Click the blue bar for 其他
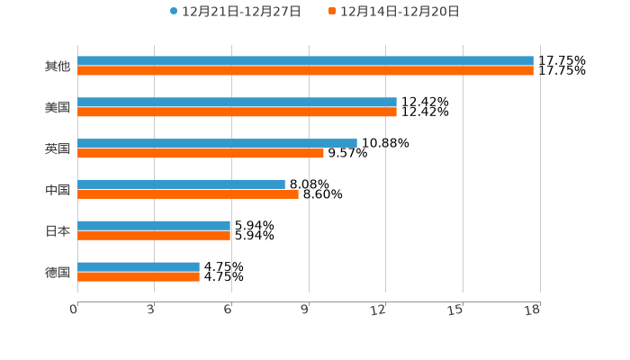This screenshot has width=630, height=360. pos(305,61)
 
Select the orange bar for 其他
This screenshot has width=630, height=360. pos(305,71)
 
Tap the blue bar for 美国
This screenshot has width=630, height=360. pos(237,103)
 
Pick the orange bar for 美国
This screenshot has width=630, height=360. pos(237,112)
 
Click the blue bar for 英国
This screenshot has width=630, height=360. pos(217,143)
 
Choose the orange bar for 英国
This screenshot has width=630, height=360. pos(201,153)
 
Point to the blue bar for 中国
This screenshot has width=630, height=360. pos(181,184)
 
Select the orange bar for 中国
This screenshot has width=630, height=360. pos(188,194)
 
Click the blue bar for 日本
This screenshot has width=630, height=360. pos(154,226)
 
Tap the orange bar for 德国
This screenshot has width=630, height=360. pos(139,277)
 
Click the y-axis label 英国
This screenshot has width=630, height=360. pos(57,148)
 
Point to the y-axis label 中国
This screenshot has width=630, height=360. pos(57,190)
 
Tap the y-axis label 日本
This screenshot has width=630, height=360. pos(57,231)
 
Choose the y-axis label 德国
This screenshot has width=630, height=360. pos(57,272)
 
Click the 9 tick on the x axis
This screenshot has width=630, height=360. pos(305,310)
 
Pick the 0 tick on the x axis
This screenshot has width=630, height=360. pos(74,310)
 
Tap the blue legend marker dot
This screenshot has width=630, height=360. pos(174,12)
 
